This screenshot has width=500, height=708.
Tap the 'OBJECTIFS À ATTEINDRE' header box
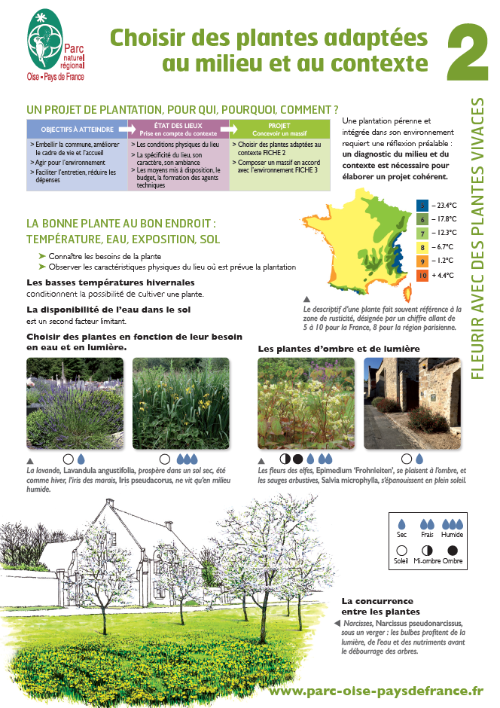[77, 129]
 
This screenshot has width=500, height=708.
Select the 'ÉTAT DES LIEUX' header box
[178, 128]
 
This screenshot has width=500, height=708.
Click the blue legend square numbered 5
[422, 205]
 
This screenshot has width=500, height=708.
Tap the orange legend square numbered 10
[422, 275]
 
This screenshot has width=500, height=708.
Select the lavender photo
[75, 403]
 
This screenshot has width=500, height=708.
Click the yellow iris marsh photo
[180, 403]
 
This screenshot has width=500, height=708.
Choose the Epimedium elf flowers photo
[306, 403]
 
